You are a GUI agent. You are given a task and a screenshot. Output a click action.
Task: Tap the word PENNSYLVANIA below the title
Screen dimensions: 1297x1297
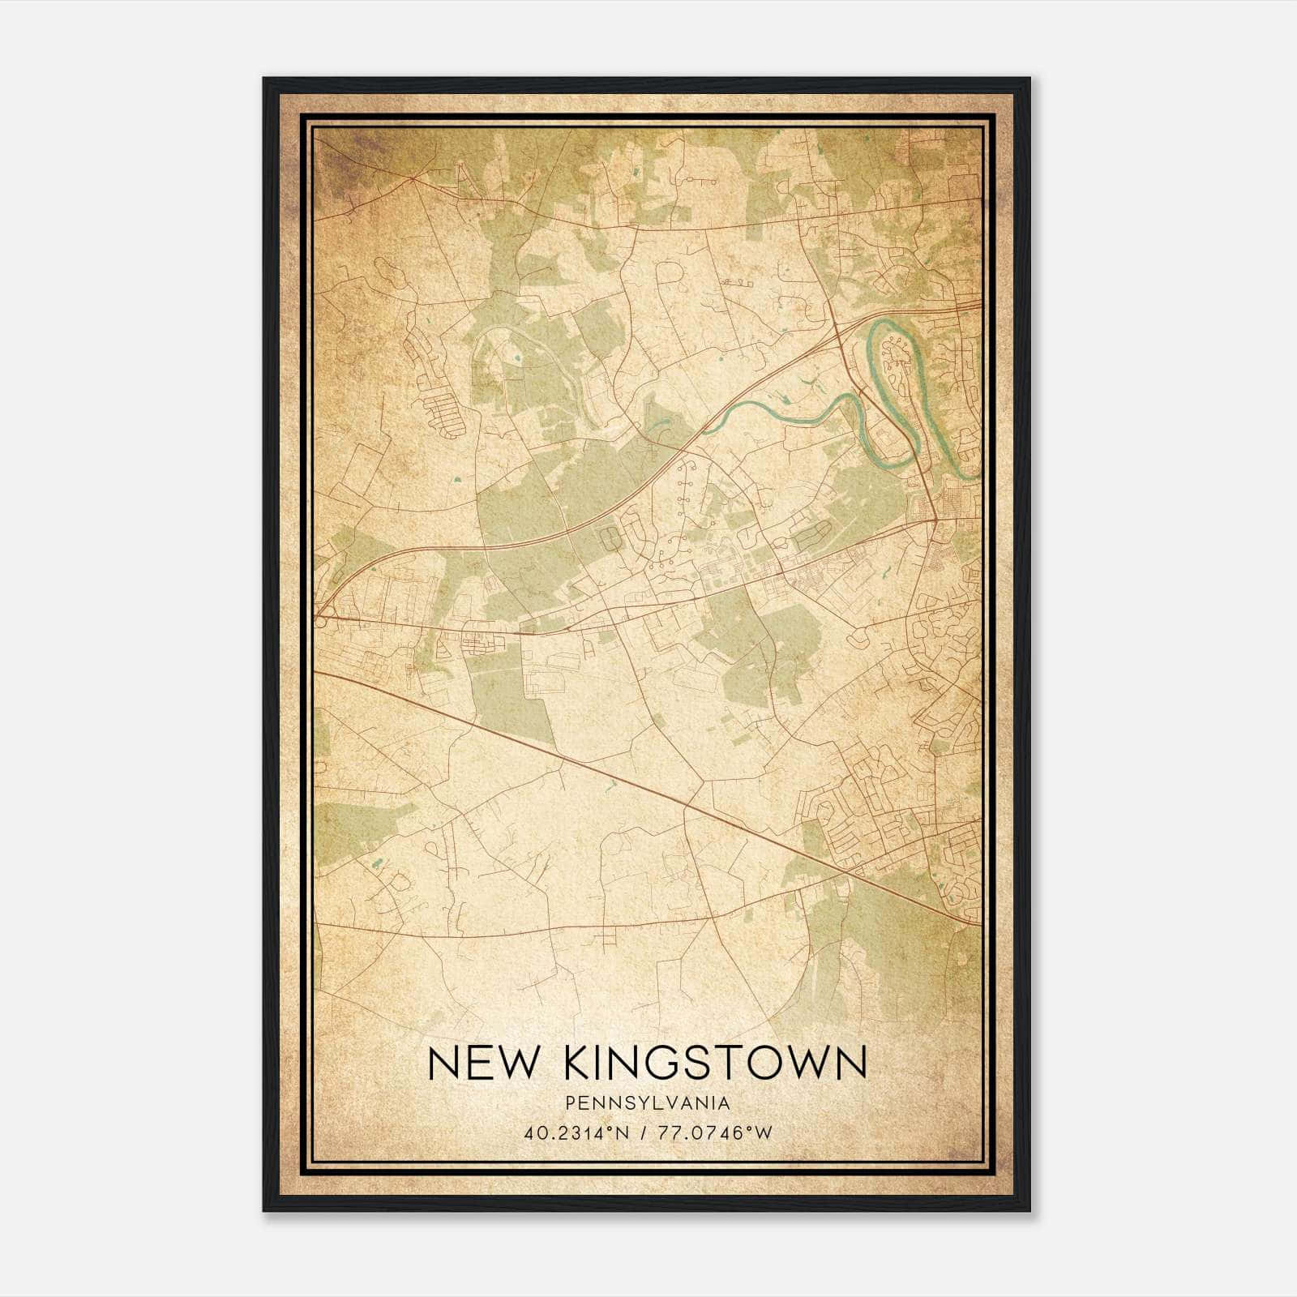[648, 1103]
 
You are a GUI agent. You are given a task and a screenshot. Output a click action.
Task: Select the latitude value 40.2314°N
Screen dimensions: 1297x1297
[577, 1132]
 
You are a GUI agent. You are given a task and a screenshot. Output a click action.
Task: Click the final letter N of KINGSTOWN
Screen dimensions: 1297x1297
[851, 1064]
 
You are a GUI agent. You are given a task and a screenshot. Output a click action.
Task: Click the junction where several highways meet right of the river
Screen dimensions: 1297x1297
[935, 519]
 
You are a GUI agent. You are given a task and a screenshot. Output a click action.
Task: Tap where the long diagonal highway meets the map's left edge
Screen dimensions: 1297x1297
[316, 671]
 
